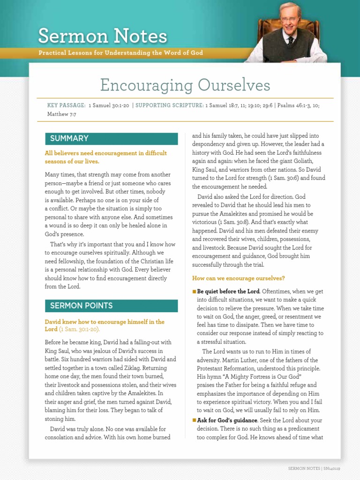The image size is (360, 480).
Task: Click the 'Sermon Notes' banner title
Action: pyautogui.click(x=102, y=37)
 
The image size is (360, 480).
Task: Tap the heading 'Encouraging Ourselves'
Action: pyautogui.click(x=185, y=85)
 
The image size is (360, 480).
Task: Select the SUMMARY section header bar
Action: pyautogui.click(x=111, y=138)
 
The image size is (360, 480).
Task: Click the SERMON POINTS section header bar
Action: pyautogui.click(x=111, y=306)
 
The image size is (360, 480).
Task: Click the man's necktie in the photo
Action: pyautogui.click(x=291, y=40)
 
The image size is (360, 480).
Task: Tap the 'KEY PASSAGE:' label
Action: pyautogui.click(x=66, y=105)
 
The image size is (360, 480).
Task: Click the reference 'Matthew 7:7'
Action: pyautogui.click(x=61, y=114)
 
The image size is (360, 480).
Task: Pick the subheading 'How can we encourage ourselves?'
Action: pyautogui.click(x=239, y=278)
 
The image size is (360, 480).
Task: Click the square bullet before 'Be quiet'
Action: pyautogui.click(x=194, y=292)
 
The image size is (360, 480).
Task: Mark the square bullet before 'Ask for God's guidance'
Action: pyautogui.click(x=194, y=420)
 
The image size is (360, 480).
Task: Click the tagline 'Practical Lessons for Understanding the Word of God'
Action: pyautogui.click(x=121, y=53)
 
